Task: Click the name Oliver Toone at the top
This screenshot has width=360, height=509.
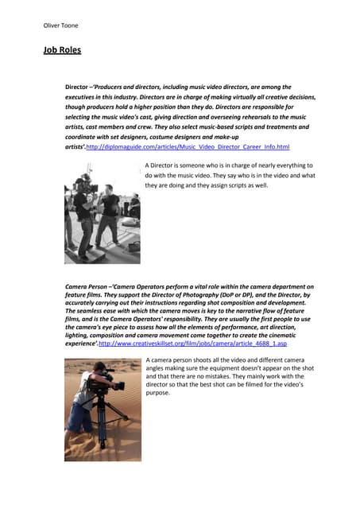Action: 60,25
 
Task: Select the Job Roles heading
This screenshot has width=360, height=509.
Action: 62,51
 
